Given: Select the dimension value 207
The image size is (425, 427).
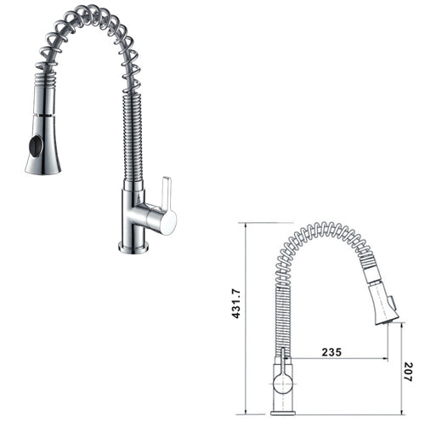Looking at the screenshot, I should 408,372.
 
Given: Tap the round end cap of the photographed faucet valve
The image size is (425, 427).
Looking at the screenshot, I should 168,222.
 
